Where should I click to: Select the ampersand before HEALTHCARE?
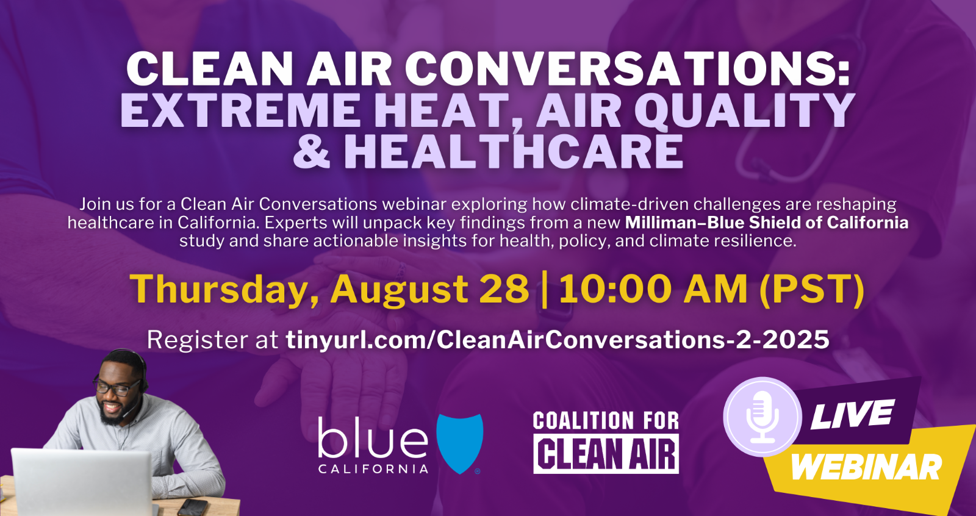[312, 151]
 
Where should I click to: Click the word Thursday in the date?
[219, 289]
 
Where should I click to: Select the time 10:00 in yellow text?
[617, 289]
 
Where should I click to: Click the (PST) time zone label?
[812, 289]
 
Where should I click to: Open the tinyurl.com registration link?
[558, 340]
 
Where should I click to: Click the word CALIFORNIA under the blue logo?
[373, 469]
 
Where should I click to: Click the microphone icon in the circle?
[762, 417]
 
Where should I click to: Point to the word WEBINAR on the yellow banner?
[866, 467]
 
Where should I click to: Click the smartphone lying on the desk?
[193, 507]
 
